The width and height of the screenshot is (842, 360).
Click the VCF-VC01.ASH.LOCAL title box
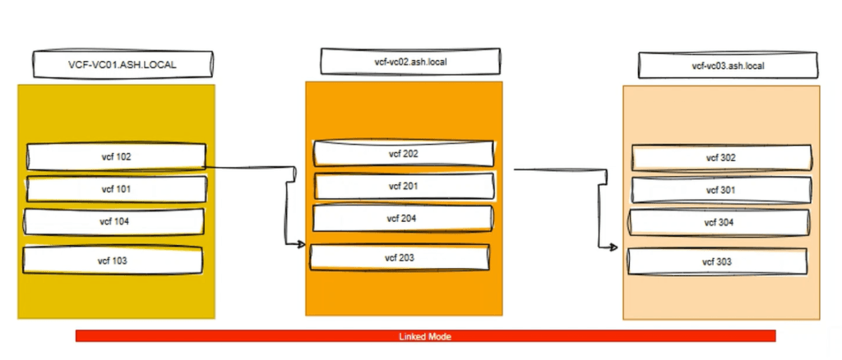click(122, 63)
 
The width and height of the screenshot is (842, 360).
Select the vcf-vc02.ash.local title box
click(409, 62)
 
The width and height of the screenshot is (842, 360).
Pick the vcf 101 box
click(115, 189)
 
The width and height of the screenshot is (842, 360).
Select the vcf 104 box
click(115, 222)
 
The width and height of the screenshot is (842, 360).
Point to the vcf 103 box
click(113, 260)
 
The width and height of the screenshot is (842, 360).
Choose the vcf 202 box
click(404, 154)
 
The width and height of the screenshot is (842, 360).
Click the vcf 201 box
click(405, 187)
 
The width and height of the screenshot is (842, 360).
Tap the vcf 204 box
click(403, 219)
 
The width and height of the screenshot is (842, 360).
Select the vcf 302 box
click(720, 158)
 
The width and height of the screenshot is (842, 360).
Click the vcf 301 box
click(720, 191)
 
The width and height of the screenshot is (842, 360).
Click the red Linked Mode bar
click(247, 336)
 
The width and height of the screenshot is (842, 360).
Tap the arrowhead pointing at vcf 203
click(302, 244)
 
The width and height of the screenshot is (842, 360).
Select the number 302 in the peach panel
click(728, 158)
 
